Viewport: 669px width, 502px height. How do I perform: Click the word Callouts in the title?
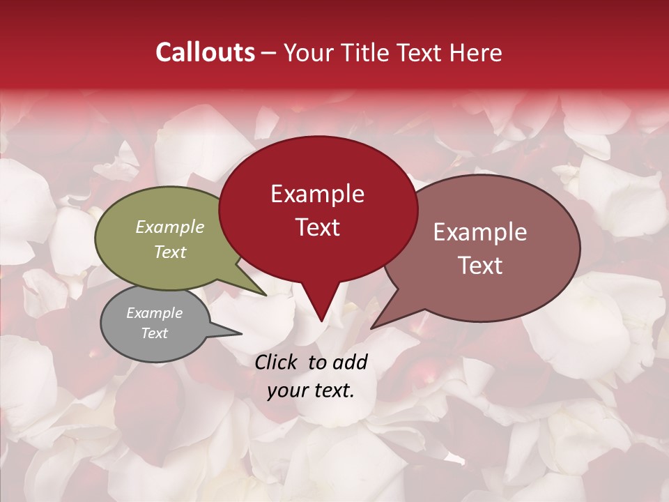tap(205, 52)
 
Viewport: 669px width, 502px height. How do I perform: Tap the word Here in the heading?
tap(475, 52)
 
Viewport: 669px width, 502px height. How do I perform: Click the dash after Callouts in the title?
tap(269, 53)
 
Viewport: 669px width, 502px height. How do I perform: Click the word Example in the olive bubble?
tap(170, 227)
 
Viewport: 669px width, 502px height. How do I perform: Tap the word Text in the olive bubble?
tap(170, 252)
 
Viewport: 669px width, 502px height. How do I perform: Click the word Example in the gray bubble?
tap(154, 313)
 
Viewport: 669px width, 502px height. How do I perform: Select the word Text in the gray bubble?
tap(154, 333)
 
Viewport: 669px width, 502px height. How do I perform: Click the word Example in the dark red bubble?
tap(317, 194)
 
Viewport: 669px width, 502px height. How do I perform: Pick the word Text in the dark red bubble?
tap(317, 227)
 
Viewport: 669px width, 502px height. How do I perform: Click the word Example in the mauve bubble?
tap(479, 232)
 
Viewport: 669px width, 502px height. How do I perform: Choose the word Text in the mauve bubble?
tap(479, 266)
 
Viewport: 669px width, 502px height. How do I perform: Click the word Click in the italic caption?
tap(277, 362)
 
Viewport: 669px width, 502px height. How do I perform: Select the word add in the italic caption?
tap(350, 362)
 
